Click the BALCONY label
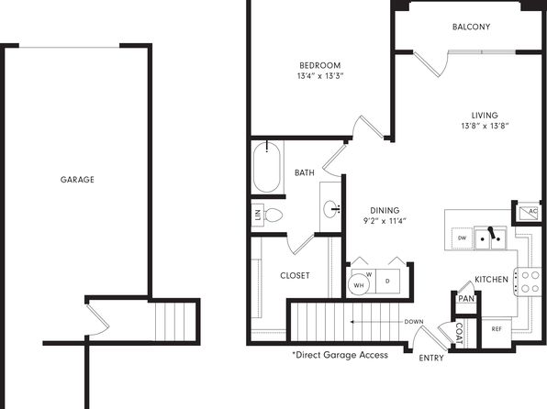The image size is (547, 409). click(471, 27)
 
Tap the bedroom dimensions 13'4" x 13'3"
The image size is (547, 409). click(320, 76)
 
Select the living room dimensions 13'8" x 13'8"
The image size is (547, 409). click(485, 126)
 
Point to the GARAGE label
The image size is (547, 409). click(77, 180)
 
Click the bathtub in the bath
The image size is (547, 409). click(267, 167)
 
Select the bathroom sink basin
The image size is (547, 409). click(330, 209)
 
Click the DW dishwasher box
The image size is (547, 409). click(462, 238)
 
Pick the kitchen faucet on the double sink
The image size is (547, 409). click(492, 233)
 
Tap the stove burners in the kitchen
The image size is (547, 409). click(530, 282)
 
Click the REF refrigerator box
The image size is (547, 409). click(497, 329)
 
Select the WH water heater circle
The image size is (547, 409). click(359, 285)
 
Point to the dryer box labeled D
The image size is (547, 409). click(387, 281)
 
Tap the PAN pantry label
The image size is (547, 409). click(466, 299)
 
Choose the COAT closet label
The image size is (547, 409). click(460, 333)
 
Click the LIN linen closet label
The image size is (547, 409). click(258, 215)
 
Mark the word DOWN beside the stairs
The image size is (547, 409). click(414, 322)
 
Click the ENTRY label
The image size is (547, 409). click(431, 358)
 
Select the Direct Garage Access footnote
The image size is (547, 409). click(340, 355)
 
